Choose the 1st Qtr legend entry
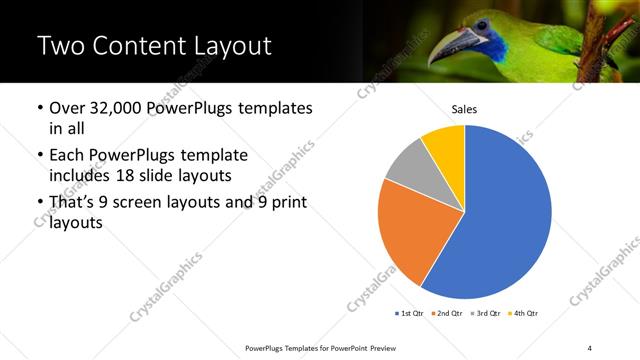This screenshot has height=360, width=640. click(x=410, y=314)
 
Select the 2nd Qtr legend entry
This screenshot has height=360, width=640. click(x=448, y=314)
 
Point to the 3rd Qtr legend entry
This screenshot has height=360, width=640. click(x=487, y=314)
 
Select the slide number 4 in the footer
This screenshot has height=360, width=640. click(x=590, y=347)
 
